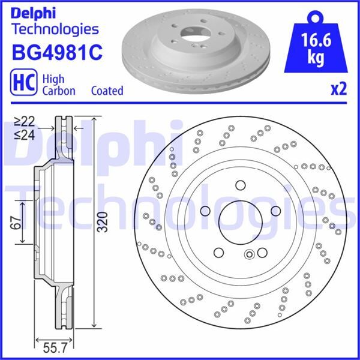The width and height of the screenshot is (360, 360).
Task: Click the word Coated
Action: pos(107,91)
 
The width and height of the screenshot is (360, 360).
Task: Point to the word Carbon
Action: pos(59,91)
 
